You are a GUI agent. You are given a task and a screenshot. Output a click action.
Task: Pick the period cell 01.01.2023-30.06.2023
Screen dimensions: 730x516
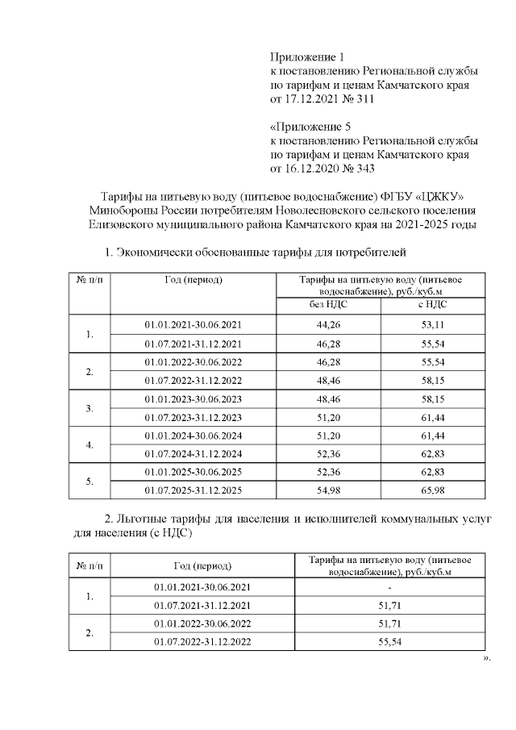click(x=193, y=398)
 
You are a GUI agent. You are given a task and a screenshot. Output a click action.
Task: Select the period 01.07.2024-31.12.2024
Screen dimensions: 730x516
click(x=193, y=453)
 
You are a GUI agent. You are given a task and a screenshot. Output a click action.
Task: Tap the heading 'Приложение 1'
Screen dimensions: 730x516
click(x=306, y=57)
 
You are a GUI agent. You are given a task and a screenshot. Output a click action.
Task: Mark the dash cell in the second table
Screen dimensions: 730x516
click(x=401, y=586)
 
